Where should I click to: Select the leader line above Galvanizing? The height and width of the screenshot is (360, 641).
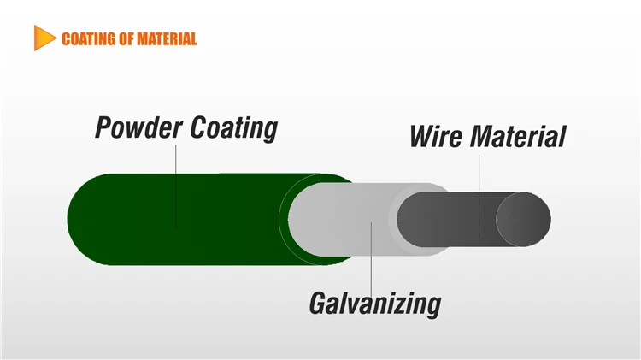click(372, 257)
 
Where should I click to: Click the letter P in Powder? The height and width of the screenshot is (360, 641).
click(104, 128)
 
